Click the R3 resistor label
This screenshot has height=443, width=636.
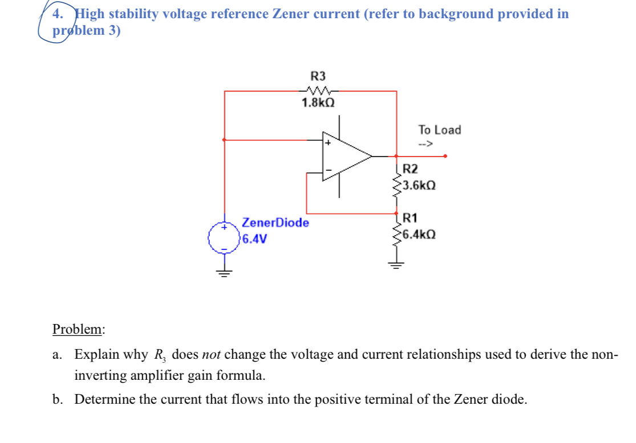coord(318,76)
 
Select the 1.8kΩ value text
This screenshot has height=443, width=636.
coord(318,103)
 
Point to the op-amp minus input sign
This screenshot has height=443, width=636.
coord(329,169)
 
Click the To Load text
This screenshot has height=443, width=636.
coord(439,130)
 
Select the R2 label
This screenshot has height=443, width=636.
coord(410,169)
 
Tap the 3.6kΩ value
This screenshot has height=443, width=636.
coord(419,185)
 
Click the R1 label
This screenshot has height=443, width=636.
coord(410,218)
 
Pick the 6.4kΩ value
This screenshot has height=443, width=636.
coord(419,234)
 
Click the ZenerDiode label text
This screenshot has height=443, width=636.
coord(276,223)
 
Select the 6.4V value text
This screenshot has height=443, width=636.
coord(254,239)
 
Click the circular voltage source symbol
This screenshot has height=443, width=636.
coord(224,239)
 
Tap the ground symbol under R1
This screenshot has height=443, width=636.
coord(396,264)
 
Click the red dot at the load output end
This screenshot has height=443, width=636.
coord(445,155)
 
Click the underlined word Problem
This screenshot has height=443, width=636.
coord(78,329)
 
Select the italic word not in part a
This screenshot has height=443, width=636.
coord(211,354)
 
